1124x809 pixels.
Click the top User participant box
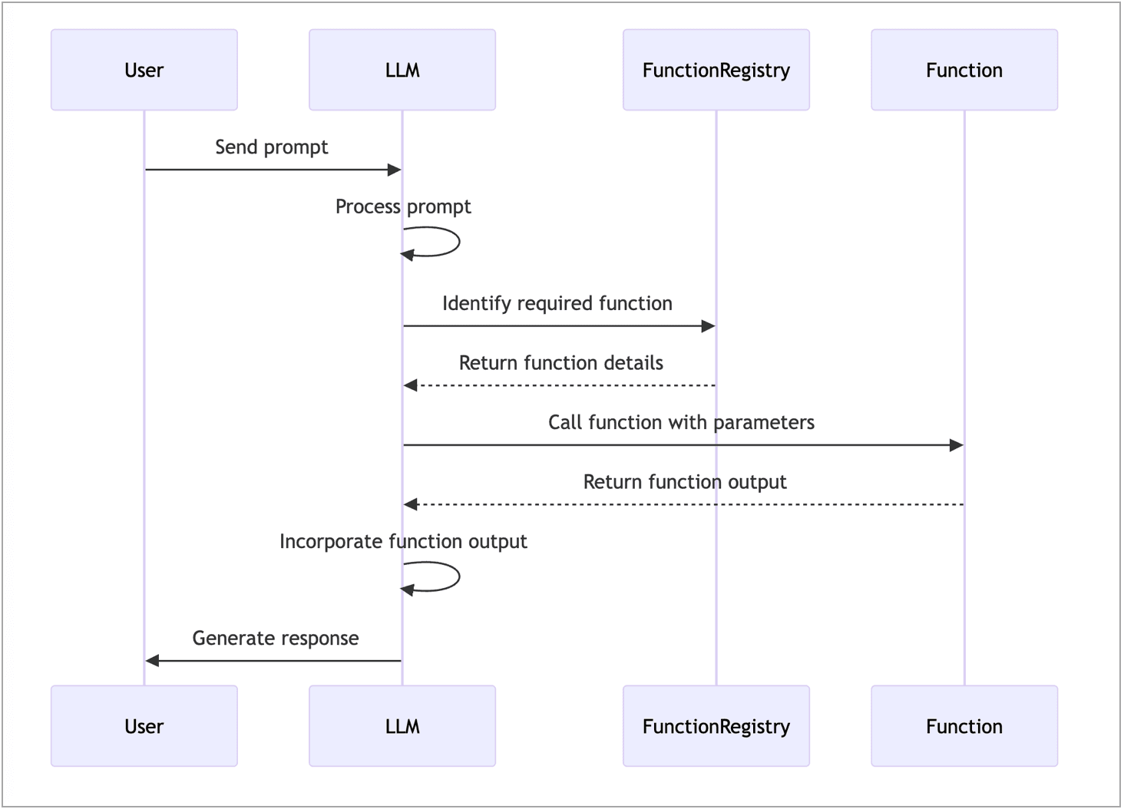[x=144, y=70]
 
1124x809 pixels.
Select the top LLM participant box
[x=402, y=70]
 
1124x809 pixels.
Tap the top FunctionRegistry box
[x=716, y=70]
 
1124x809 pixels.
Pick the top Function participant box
[x=964, y=70]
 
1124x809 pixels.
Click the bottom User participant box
[x=144, y=726]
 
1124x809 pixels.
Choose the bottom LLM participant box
[x=402, y=726]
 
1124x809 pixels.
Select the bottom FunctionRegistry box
[x=716, y=726]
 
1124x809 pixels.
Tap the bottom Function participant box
[x=964, y=726]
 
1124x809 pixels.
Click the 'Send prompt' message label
[x=272, y=147]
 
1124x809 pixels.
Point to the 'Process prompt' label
[x=403, y=206]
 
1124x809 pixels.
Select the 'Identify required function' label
[x=557, y=303]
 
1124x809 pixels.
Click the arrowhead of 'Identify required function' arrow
[x=708, y=326]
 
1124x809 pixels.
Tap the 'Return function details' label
[x=560, y=363]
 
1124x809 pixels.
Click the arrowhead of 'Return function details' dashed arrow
[x=411, y=385]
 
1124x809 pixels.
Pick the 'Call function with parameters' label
[x=681, y=422]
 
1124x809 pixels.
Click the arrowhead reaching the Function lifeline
[x=957, y=445]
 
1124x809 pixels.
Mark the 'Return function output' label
[x=685, y=482]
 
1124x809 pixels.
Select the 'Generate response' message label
[x=275, y=639]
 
